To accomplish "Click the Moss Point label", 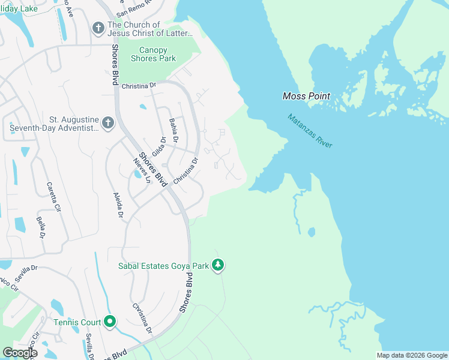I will (303, 97).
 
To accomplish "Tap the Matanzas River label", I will (310, 131).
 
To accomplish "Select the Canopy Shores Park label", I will (157, 54).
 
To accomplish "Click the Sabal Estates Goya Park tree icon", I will (218, 265).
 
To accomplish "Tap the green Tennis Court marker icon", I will (109, 322).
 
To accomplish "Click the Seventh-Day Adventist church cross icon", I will (107, 123).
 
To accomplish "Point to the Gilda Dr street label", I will (159, 146).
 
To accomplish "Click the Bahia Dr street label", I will (174, 131).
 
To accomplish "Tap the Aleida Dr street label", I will (118, 206).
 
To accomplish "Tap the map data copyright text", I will (412, 355).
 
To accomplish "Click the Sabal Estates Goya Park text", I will (163, 265).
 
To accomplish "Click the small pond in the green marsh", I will (311, 232).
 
